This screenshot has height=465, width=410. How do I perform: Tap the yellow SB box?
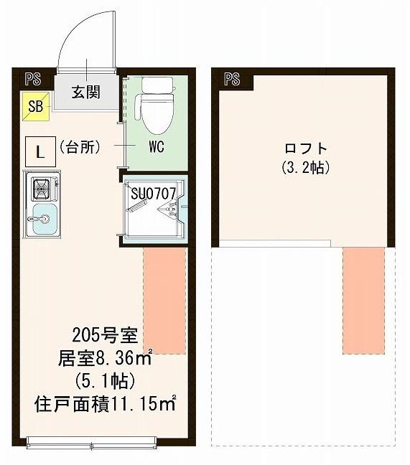(35, 107)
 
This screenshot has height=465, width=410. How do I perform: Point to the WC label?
(157, 148)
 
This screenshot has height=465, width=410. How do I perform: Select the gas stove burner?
(41, 190)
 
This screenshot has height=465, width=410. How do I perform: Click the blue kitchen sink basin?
(42, 215)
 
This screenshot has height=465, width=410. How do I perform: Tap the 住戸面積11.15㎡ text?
(105, 404)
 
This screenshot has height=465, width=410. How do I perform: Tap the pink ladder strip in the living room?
(164, 301)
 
